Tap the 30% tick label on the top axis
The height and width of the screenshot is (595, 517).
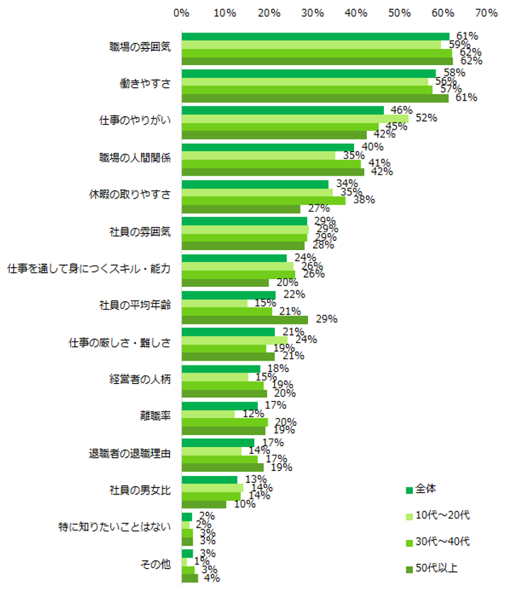click(x=312, y=13)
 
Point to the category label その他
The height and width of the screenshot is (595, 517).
click(x=157, y=564)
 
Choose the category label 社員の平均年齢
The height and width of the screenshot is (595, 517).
click(x=135, y=305)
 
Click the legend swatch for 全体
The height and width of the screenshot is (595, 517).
click(x=409, y=490)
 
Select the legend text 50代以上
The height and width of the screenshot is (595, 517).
click(x=436, y=567)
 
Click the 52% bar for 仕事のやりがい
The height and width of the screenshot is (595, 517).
click(x=295, y=119)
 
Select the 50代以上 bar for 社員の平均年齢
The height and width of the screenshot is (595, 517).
click(x=245, y=319)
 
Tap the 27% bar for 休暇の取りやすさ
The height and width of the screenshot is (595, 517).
click(x=241, y=209)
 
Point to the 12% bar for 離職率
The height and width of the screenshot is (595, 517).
click(x=208, y=414)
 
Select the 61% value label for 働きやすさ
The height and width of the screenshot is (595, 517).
click(x=460, y=98)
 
